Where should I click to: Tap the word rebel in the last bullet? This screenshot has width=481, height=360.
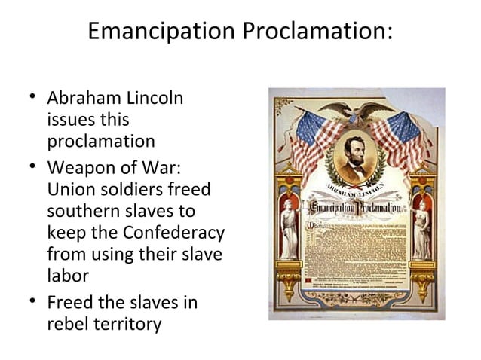point(65,325)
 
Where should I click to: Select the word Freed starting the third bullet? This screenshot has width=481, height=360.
point(70,303)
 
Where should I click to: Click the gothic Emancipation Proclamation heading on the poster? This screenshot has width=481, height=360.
point(355,204)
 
